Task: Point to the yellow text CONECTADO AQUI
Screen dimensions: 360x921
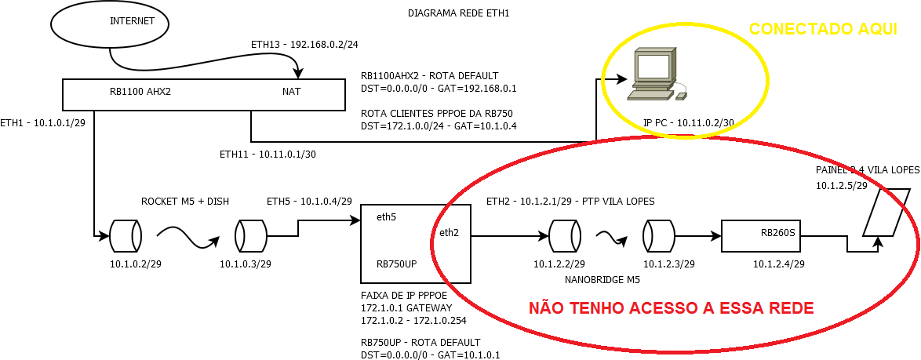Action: pyautogui.click(x=823, y=30)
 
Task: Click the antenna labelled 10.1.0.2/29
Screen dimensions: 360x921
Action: pyautogui.click(x=126, y=235)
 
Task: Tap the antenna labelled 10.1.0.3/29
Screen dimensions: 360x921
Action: pyautogui.click(x=251, y=235)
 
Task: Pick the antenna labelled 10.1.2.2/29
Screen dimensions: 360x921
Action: pyautogui.click(x=565, y=235)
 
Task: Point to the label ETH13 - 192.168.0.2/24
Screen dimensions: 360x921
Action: pyautogui.click(x=304, y=44)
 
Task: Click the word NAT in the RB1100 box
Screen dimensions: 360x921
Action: pyautogui.click(x=291, y=91)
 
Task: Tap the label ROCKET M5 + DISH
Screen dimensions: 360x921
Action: pyautogui.click(x=185, y=201)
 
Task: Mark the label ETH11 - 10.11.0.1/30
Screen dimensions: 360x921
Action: pyautogui.click(x=268, y=155)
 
